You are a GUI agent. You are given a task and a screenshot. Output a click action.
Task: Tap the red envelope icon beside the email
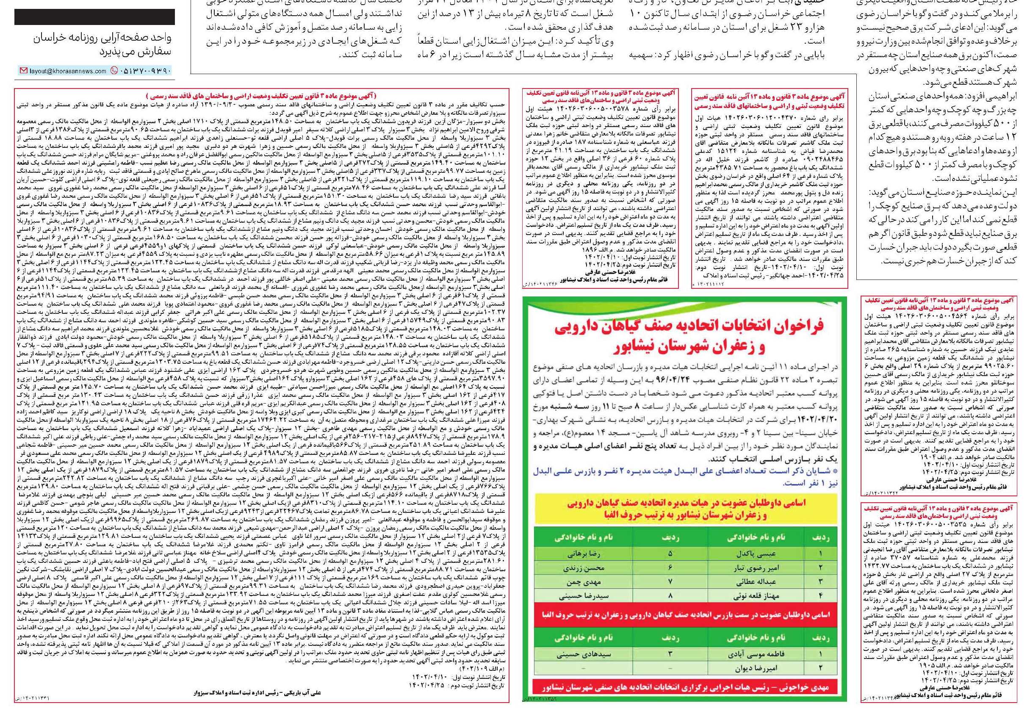pos(23,71)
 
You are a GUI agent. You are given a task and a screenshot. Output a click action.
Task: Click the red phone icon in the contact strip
pos(113,71)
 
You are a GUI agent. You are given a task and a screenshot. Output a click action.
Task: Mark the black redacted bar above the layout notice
pos(94,17)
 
